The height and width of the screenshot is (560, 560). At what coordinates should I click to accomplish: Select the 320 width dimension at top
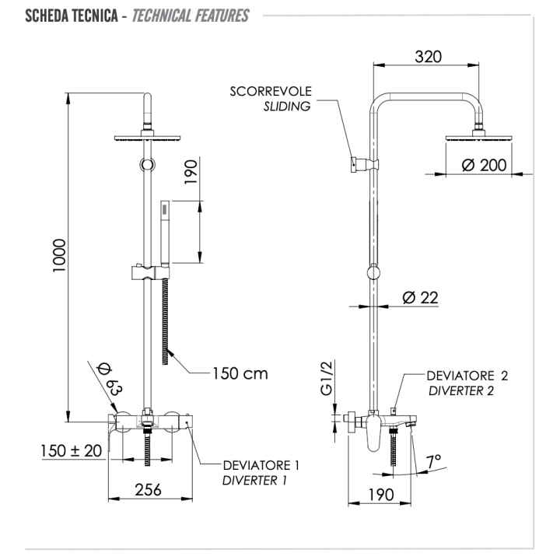[x=426, y=57]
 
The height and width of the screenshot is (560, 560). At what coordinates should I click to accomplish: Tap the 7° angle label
[x=434, y=460]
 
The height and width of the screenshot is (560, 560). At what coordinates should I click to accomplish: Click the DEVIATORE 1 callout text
[x=261, y=465]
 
